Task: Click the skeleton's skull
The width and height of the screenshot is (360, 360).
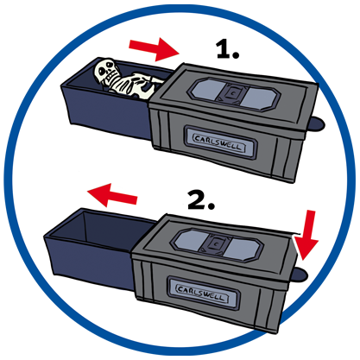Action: (105, 72)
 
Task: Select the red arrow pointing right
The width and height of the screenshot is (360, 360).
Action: (155, 49)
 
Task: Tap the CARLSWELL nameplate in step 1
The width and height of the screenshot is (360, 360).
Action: (220, 142)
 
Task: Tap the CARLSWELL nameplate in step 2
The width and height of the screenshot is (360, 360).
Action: (204, 293)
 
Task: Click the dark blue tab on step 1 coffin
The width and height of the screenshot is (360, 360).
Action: (317, 124)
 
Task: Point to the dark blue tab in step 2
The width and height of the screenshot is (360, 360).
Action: (300, 275)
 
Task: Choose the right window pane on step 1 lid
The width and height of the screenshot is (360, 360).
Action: (257, 98)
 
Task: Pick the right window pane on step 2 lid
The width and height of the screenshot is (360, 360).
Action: (241, 249)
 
